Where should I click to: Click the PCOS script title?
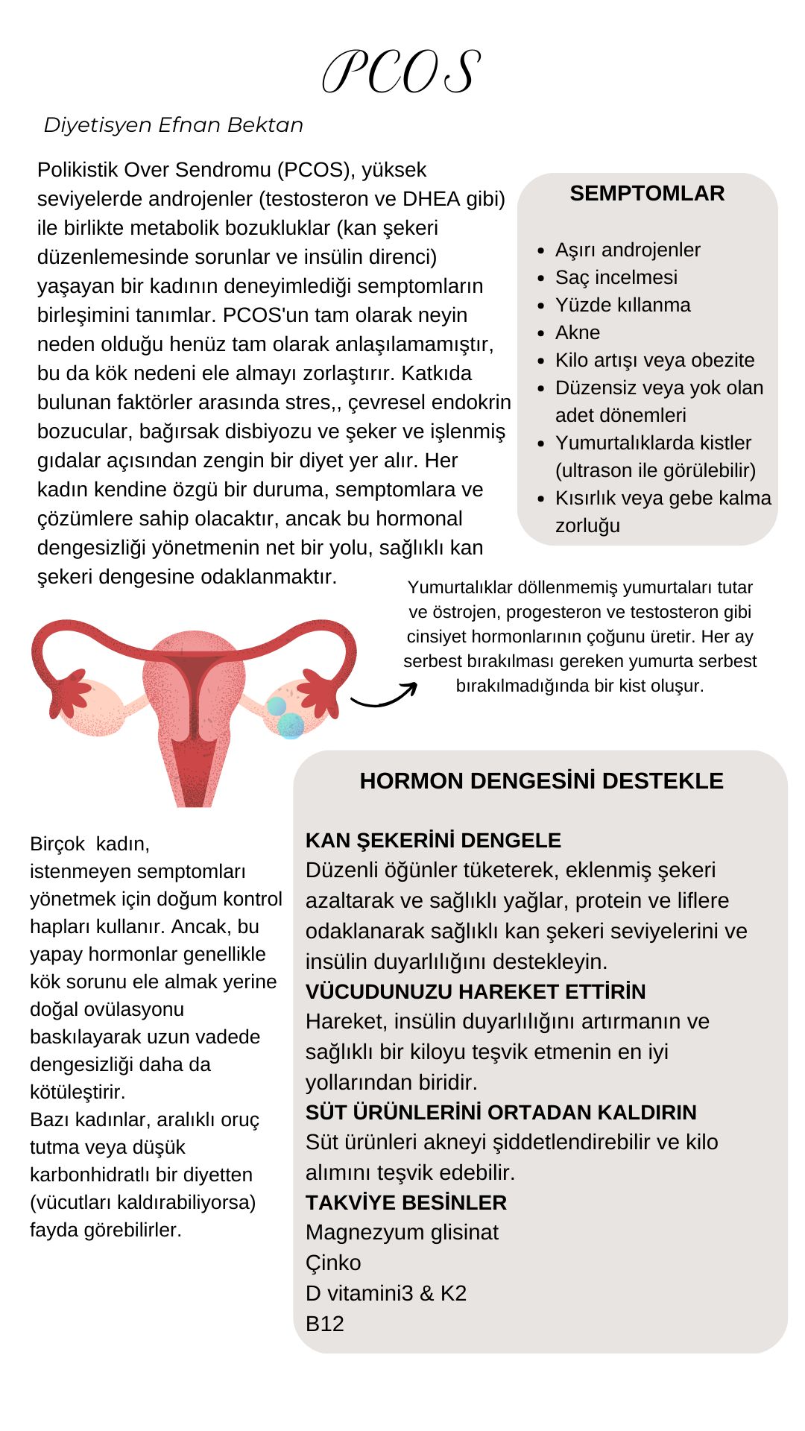[402, 72]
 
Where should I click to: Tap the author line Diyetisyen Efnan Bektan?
[174, 125]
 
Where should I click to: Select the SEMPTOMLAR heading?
[647, 194]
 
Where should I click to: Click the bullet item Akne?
[578, 332]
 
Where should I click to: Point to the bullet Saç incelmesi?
[616, 277]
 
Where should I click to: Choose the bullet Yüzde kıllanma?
[623, 305]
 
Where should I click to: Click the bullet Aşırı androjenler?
[628, 250]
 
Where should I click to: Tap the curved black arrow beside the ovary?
[384, 695]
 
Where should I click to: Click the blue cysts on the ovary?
[285, 717]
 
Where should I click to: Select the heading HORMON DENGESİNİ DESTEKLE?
[541, 781]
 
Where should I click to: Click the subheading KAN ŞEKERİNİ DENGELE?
[433, 841]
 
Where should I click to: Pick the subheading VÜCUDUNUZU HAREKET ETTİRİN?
[476, 992]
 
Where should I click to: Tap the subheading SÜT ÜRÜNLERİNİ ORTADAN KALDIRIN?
[501, 1113]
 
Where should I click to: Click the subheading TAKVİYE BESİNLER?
[406, 1203]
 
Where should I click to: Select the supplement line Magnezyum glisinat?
[402, 1233]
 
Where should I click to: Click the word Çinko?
[333, 1263]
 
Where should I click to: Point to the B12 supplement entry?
[325, 1324]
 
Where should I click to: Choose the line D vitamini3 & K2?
[386, 1293]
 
